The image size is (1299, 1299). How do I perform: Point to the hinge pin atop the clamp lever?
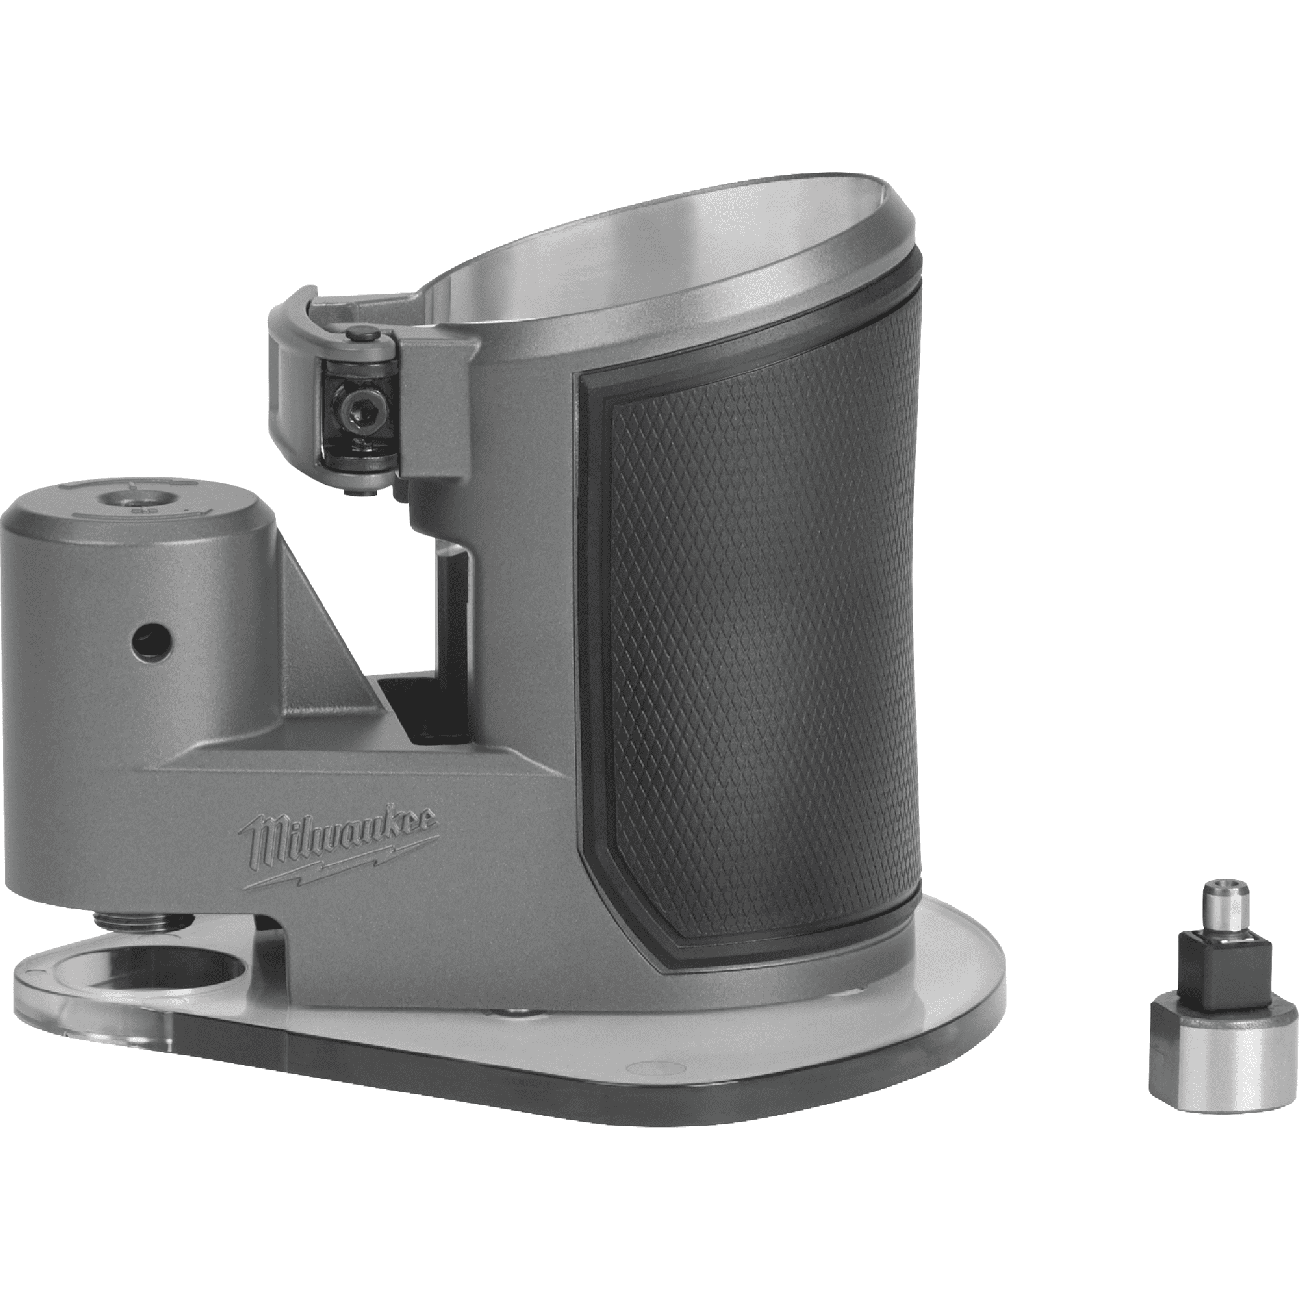tap(363, 332)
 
